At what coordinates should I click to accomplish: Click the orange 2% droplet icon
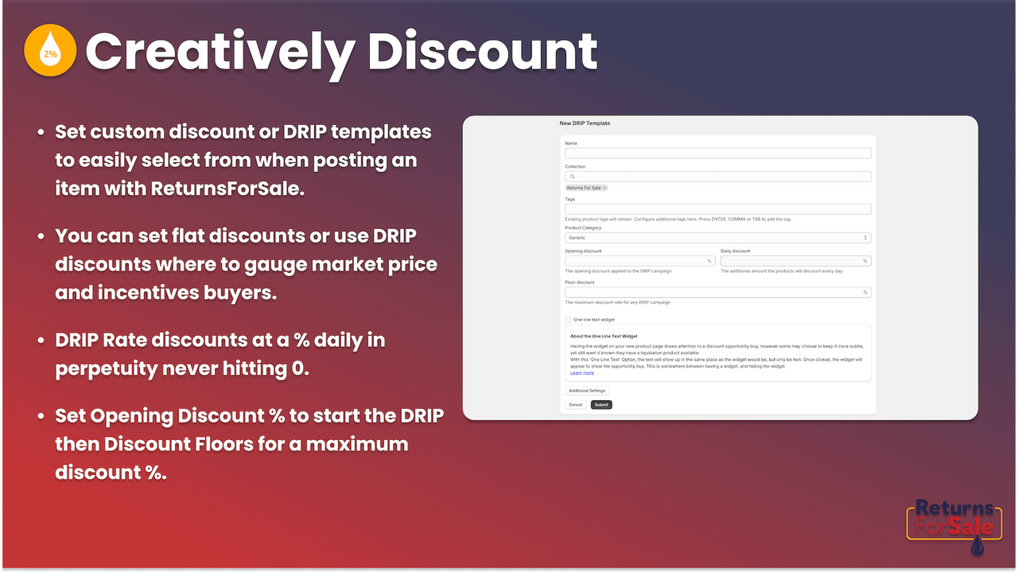coord(50,51)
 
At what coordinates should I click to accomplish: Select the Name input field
coord(717,153)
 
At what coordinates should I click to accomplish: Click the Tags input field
coord(717,209)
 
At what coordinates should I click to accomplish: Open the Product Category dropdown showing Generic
coord(717,237)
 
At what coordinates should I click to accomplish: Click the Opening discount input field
coord(639,261)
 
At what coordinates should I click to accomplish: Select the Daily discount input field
coord(795,261)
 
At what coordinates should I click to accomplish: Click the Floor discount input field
coord(717,292)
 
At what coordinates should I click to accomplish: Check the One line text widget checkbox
coord(568,319)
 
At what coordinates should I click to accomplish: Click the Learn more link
coord(581,372)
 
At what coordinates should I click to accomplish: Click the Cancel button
coord(576,404)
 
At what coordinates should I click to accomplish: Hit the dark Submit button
coord(601,404)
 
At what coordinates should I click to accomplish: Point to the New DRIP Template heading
coord(585,123)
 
